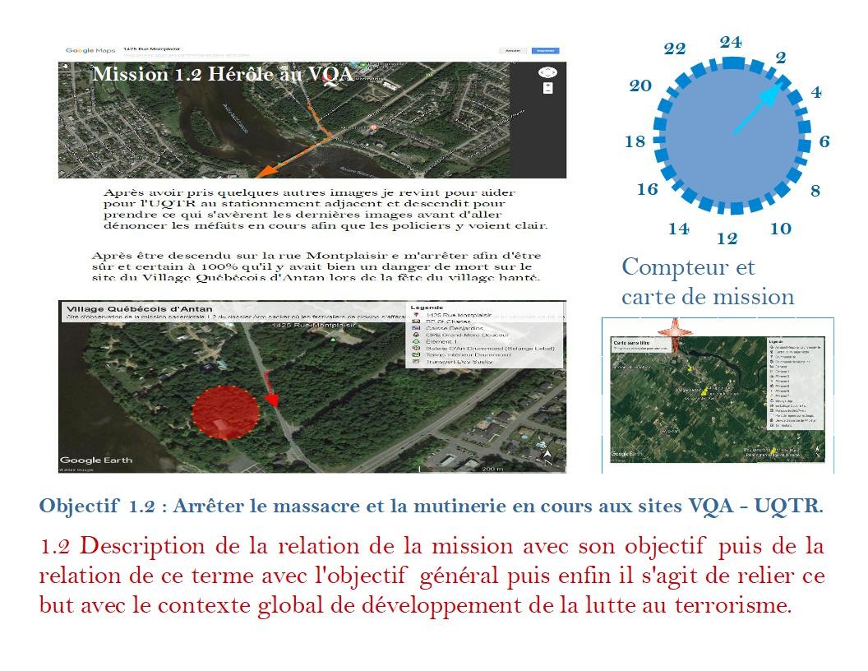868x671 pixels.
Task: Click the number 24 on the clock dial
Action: click(x=731, y=42)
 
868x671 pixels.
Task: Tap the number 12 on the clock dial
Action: click(x=727, y=239)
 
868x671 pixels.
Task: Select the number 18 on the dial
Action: click(x=635, y=141)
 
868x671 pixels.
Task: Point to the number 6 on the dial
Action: click(x=824, y=141)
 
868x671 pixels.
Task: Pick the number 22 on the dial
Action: click(x=675, y=49)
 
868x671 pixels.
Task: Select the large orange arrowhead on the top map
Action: click(x=265, y=171)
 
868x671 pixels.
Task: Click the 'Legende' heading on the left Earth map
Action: click(x=427, y=308)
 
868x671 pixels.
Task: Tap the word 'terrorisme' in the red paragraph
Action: click(x=730, y=607)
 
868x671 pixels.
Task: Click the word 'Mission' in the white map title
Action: click(x=130, y=74)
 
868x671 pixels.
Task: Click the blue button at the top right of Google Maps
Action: click(x=544, y=51)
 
